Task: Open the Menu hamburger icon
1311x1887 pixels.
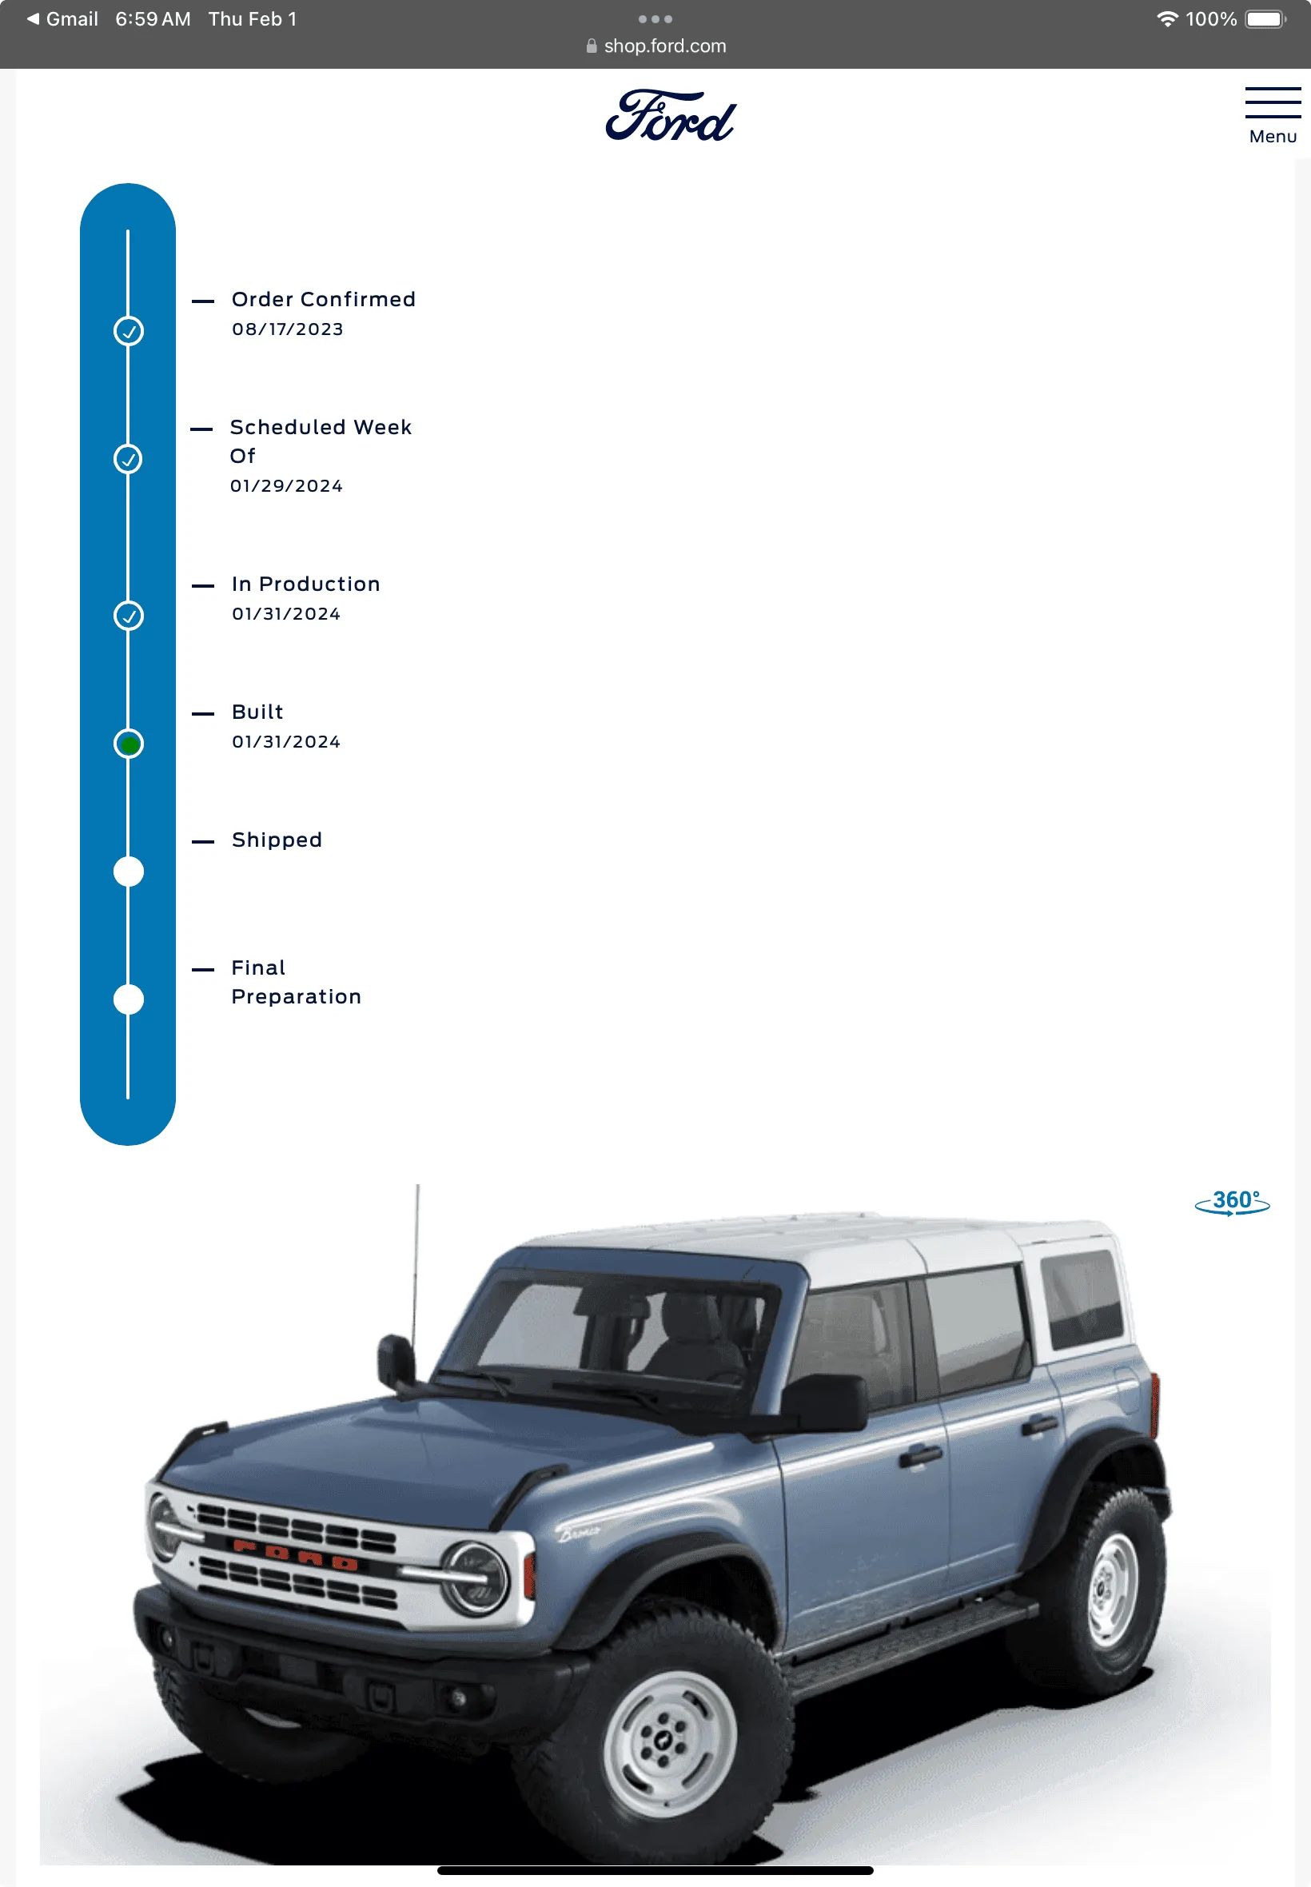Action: (1273, 102)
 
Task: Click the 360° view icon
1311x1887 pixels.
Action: (1231, 1202)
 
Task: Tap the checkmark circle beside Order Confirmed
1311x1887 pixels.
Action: (128, 331)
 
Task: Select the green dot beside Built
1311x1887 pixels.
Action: (128, 744)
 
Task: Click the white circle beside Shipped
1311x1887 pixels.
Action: (128, 872)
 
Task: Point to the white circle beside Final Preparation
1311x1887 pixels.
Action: (128, 999)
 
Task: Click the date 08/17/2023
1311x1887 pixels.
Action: (288, 329)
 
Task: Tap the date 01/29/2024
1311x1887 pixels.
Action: (286, 486)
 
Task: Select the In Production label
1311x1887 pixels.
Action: (305, 584)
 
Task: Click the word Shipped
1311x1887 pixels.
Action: (277, 840)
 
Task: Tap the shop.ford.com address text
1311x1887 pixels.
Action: (664, 46)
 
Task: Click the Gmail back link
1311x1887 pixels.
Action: (62, 19)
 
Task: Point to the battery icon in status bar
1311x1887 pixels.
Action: (1265, 19)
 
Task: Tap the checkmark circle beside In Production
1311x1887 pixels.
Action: (128, 616)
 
